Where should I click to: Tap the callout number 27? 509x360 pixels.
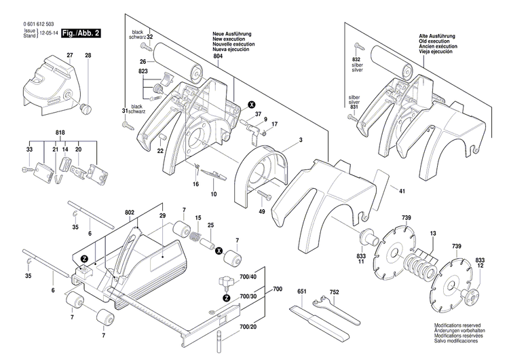tap(69, 54)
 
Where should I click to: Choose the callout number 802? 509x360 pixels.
tap(129, 213)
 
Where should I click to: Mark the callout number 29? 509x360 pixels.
tap(162, 215)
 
